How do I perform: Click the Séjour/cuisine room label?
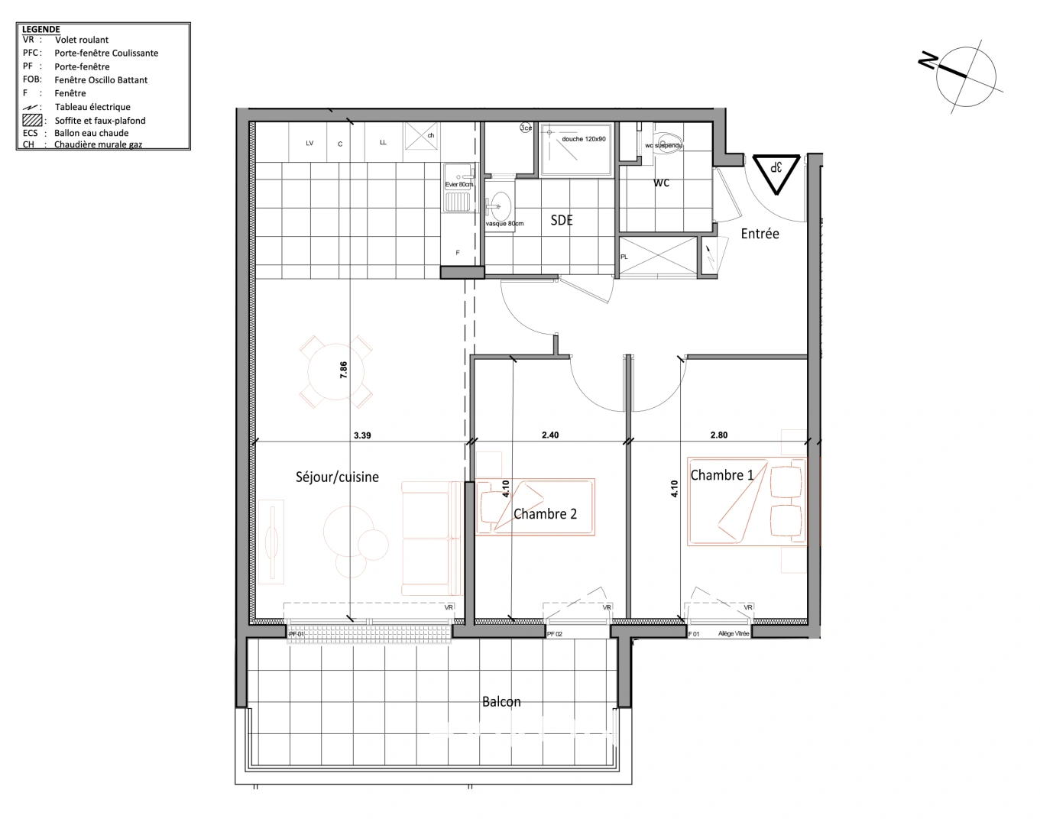pos(337,477)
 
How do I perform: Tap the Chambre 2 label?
pos(545,514)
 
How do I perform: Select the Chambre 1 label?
pos(722,475)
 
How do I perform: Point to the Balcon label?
pos(501,702)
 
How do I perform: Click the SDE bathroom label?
pos(562,221)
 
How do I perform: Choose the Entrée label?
pos(760,235)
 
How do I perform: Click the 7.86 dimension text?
pos(344,370)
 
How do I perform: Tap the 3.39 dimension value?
pos(362,435)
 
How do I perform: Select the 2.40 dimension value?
pos(550,435)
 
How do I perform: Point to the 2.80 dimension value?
pos(718,435)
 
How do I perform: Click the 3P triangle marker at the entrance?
pos(776,170)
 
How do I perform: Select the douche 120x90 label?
pos(584,139)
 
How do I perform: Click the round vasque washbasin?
pos(501,204)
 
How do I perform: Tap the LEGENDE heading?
pos(41,29)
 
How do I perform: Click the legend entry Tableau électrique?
pos(92,107)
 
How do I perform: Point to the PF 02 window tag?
pos(554,634)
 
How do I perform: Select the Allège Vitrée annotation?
pos(733,634)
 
